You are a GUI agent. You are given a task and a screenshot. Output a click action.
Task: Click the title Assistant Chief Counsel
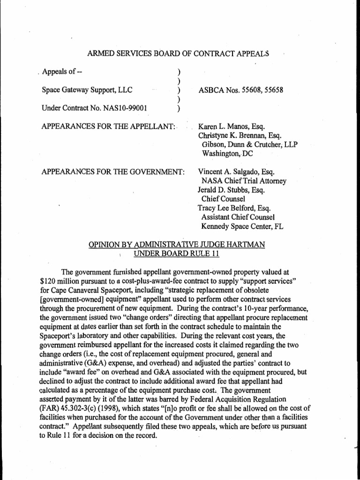click(238, 217)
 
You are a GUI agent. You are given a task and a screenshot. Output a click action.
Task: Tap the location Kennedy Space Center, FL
click(242, 226)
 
